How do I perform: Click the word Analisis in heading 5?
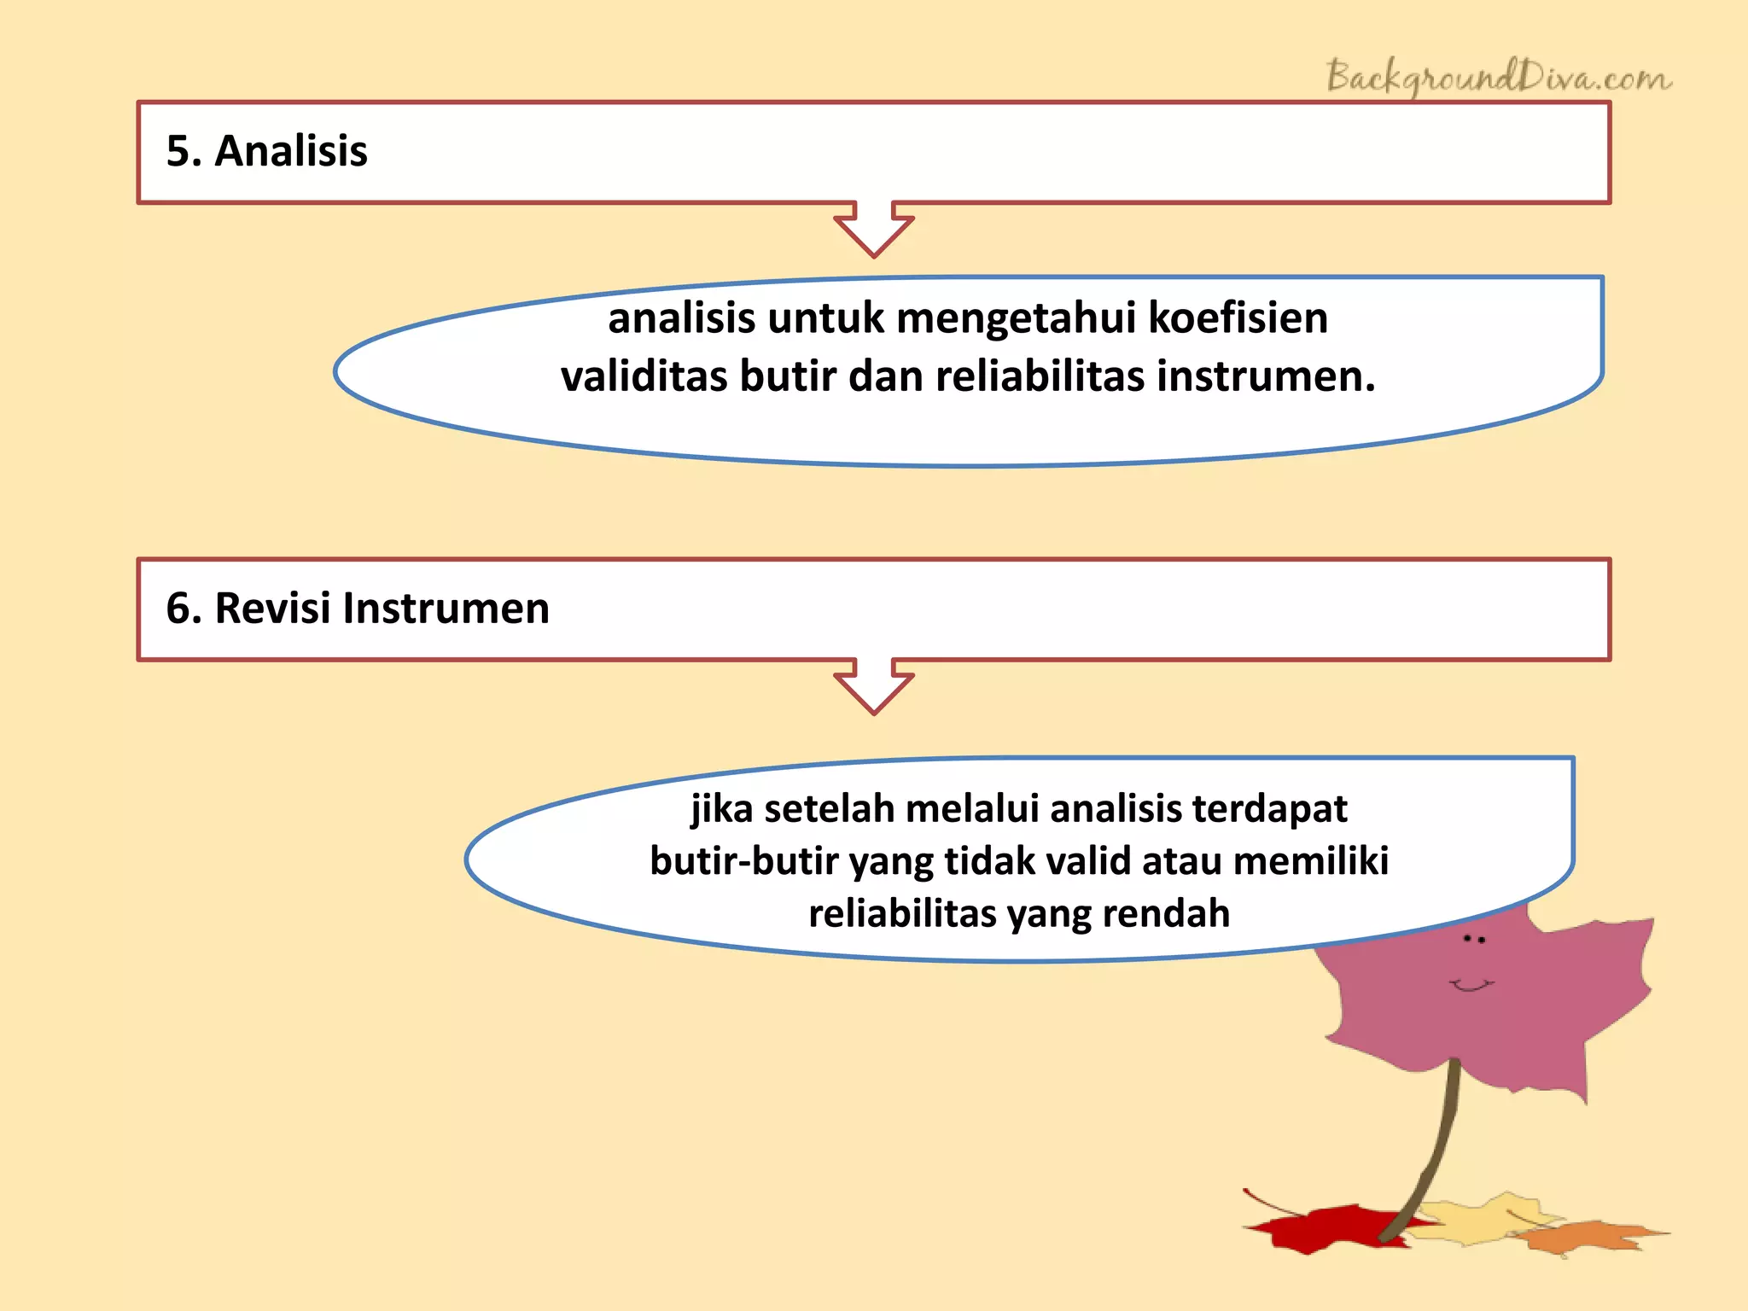(290, 151)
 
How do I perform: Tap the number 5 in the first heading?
(178, 151)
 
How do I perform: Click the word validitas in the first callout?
(644, 376)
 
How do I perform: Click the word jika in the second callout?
(721, 809)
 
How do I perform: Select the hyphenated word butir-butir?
(743, 861)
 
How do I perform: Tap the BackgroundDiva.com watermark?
(1499, 78)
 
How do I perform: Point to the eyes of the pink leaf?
(1474, 939)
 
